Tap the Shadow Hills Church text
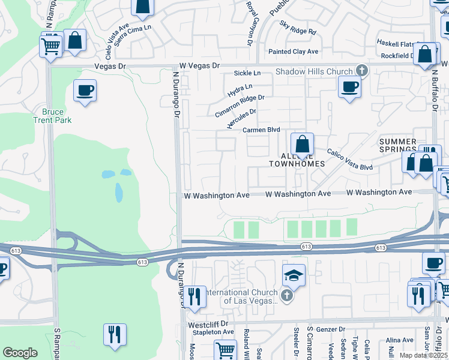(314, 72)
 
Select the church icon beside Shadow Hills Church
(361, 71)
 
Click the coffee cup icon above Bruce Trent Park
(85, 91)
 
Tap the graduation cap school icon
(294, 275)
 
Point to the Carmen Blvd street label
(261, 130)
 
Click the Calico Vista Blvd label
(349, 160)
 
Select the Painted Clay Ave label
(293, 52)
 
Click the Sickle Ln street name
(247, 73)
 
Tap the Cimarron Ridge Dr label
(240, 106)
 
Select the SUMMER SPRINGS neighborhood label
(397, 145)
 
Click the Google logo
(20, 353)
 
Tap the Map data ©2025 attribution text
(423, 356)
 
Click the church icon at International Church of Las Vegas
(287, 295)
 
